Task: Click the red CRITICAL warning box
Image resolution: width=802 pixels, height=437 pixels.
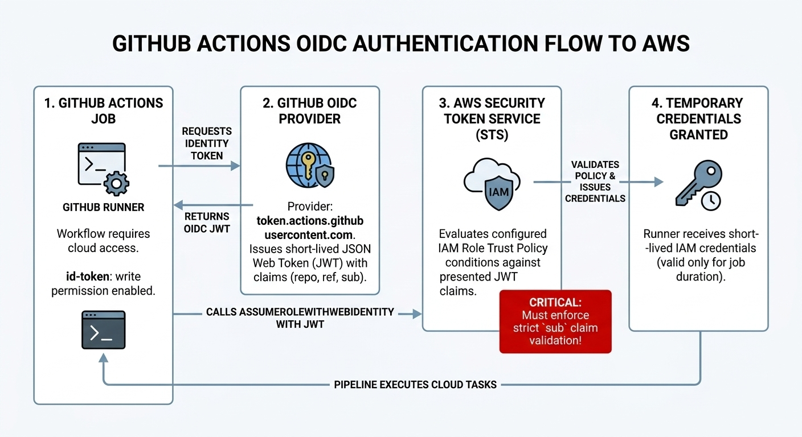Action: tap(555, 321)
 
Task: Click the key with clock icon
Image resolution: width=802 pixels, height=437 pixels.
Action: tap(698, 183)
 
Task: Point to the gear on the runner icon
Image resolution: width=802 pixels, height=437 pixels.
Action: tap(117, 183)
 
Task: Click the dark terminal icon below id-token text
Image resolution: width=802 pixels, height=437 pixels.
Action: tap(103, 330)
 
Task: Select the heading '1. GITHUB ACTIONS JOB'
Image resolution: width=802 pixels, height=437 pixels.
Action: tap(103, 111)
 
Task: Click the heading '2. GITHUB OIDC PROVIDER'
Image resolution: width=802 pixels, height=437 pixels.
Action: tap(309, 111)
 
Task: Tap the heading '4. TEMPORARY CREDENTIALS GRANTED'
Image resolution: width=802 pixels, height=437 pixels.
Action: tap(698, 118)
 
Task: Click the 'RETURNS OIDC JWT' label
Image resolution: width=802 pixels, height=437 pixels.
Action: tap(207, 222)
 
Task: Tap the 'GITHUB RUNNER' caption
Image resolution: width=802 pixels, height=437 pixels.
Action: tap(103, 208)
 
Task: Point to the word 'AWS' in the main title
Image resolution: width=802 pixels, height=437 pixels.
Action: tap(664, 44)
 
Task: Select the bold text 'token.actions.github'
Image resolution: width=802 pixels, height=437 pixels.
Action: tap(309, 220)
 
